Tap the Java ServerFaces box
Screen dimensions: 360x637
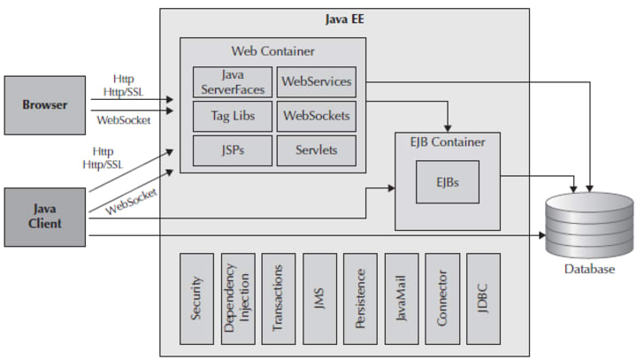tap(233, 81)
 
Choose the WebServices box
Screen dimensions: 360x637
tap(316, 81)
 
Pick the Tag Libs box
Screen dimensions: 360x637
tap(233, 116)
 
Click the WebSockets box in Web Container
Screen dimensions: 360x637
tap(316, 116)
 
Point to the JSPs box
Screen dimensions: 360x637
tap(233, 150)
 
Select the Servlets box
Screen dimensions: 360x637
tap(316, 150)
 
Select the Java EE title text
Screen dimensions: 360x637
tap(344, 19)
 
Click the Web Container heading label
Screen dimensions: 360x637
tap(273, 51)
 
